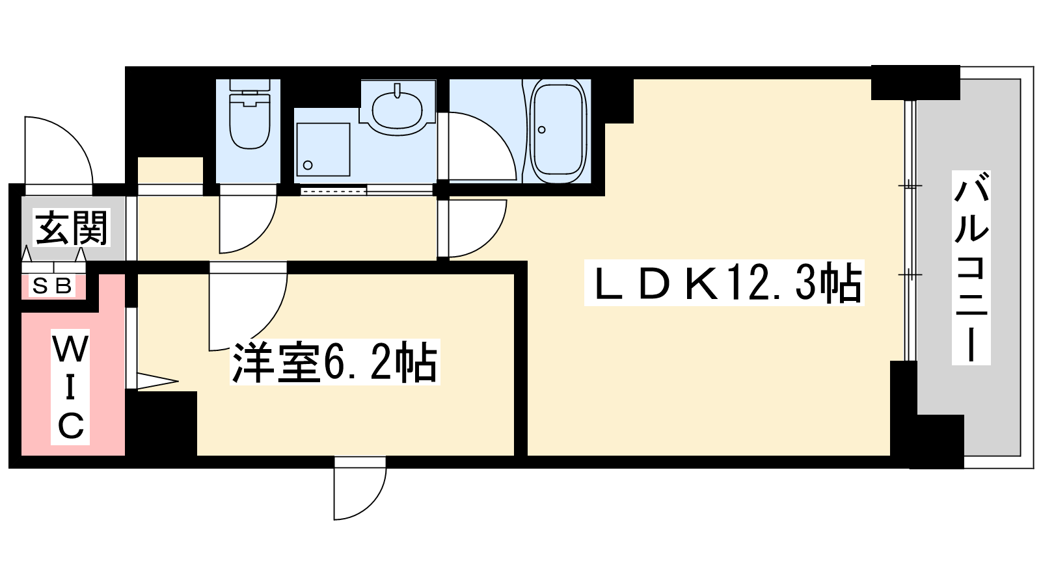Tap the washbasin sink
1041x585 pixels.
tap(397, 107)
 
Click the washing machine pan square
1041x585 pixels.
tap(323, 149)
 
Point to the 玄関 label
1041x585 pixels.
tap(72, 227)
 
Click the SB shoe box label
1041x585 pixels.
tap(53, 285)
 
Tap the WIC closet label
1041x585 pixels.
tap(70, 387)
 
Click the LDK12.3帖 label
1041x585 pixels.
tap(724, 283)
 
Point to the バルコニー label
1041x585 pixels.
tap(971, 267)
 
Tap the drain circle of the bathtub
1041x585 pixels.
tap(541, 129)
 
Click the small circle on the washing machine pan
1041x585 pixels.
tap(308, 165)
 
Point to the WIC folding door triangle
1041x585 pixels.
tap(156, 381)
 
